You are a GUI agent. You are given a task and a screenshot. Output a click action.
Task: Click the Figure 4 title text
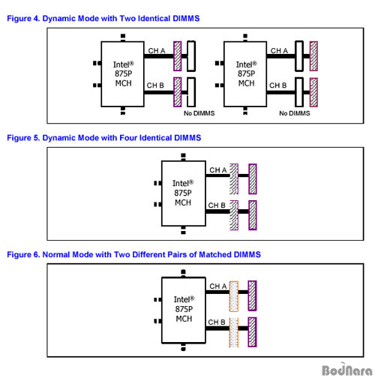click(x=103, y=19)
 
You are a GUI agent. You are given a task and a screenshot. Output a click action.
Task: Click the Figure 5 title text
click(x=104, y=138)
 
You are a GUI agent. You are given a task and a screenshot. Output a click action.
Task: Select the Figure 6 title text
click(x=133, y=254)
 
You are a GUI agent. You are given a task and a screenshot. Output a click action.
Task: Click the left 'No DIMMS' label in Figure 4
click(x=199, y=113)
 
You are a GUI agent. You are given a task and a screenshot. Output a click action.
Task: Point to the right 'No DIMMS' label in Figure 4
click(x=295, y=113)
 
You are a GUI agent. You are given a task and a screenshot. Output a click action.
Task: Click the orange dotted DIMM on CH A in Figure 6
click(x=234, y=296)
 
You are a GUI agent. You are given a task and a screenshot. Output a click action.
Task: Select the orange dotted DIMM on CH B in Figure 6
click(x=234, y=333)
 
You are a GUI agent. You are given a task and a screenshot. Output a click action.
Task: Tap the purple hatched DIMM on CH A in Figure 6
click(x=252, y=295)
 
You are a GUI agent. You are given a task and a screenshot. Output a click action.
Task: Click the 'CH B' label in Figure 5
click(x=217, y=205)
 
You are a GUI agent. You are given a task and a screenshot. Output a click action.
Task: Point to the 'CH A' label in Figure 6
click(x=218, y=286)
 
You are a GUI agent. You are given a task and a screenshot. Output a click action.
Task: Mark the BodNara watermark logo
click(x=347, y=369)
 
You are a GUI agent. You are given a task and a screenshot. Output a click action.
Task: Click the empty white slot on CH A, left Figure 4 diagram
click(x=191, y=56)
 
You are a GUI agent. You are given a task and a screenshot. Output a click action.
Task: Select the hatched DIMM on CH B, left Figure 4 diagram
click(x=178, y=92)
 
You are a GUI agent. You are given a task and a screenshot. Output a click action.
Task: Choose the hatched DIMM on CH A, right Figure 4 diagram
click(x=313, y=56)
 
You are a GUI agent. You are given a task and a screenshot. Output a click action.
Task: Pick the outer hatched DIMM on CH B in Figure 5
click(x=253, y=215)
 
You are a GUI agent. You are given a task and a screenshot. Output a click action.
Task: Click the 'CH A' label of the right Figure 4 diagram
click(x=279, y=51)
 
